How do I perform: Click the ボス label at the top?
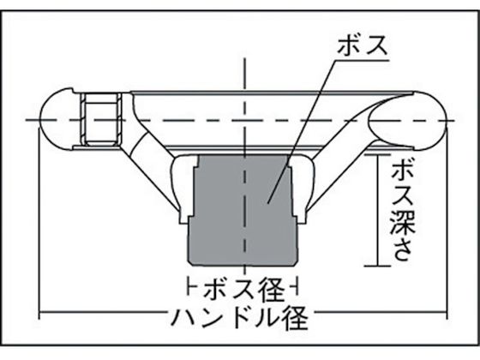pyautogui.click(x=363, y=46)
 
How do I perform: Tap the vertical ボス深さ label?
pyautogui.click(x=403, y=211)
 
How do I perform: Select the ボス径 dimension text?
pyautogui.click(x=244, y=288)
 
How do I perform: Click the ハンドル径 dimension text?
pyautogui.click(x=239, y=317)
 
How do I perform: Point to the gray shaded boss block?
pyautogui.click(x=243, y=211)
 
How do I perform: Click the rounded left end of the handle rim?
pyautogui.click(x=56, y=119)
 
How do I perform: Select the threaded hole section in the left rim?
pyautogui.click(x=101, y=119)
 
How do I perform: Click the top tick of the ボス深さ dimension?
pyautogui.click(x=378, y=154)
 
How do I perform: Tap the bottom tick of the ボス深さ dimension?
pyautogui.click(x=378, y=266)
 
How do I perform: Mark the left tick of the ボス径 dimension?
pyautogui.click(x=188, y=286)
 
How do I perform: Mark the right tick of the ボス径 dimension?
pyautogui.click(x=297, y=286)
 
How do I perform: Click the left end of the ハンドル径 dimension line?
pyautogui.click(x=39, y=312)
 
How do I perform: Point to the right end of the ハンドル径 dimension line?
pyautogui.click(x=447, y=312)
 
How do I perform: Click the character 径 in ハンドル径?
pyautogui.click(x=295, y=318)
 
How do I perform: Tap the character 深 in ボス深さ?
pyautogui.click(x=403, y=222)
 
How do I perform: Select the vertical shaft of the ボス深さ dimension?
pyautogui.click(x=378, y=210)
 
